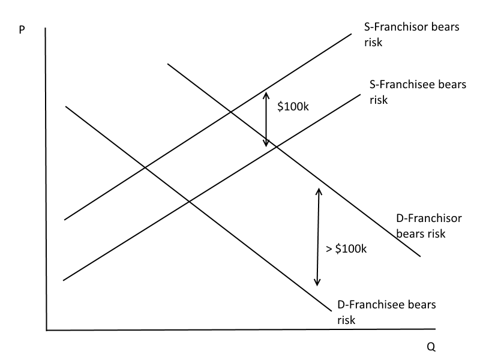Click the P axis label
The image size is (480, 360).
pos(22,30)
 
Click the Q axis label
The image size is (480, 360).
pos(431,347)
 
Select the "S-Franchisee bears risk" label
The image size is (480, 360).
pos(418,92)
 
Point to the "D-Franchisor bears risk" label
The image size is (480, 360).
pos(429,226)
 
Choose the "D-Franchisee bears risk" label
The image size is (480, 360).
pos(386,312)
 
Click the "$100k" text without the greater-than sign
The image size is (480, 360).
pos(293,107)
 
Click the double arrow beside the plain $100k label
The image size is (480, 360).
pos(266,119)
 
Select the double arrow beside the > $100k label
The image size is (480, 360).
pos(318,236)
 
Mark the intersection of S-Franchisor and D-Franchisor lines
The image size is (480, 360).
pos(230,112)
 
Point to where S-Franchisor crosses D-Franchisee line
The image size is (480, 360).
pos(145,167)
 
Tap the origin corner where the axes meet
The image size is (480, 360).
pos(46,329)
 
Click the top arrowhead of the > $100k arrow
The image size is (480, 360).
pos(319,191)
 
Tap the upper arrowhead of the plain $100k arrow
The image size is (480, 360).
pos(266,94)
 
